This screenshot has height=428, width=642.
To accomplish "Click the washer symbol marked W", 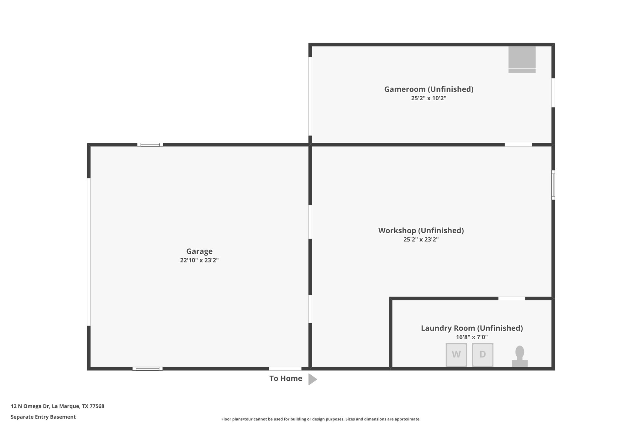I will point(456,355).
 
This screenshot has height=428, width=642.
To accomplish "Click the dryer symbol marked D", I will point(482,355).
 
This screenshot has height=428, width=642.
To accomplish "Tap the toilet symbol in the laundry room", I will point(520,357).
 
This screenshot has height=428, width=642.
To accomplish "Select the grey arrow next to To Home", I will point(312,379).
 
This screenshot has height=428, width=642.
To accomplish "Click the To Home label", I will point(286,378).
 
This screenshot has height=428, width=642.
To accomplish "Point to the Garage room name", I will point(199,251).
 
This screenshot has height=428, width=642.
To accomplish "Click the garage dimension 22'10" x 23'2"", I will point(199,260).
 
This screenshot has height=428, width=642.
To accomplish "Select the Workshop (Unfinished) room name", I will point(421,230).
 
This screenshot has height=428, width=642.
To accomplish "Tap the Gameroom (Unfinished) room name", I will point(429,89).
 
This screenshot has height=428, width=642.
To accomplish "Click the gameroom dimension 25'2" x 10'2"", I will point(429,98).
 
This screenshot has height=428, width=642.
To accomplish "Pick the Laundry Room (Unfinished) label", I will point(472,328).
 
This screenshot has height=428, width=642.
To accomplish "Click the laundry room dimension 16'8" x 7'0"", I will point(472,337).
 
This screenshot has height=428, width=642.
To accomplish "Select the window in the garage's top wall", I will point(150,145).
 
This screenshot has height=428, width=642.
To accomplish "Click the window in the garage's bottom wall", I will point(147,369).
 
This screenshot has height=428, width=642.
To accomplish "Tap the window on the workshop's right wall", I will point(553,185).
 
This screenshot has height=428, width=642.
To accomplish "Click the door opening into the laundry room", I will point(512,299).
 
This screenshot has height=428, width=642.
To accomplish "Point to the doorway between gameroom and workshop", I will point(518,145).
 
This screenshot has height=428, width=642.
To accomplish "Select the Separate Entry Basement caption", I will point(43,417).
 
